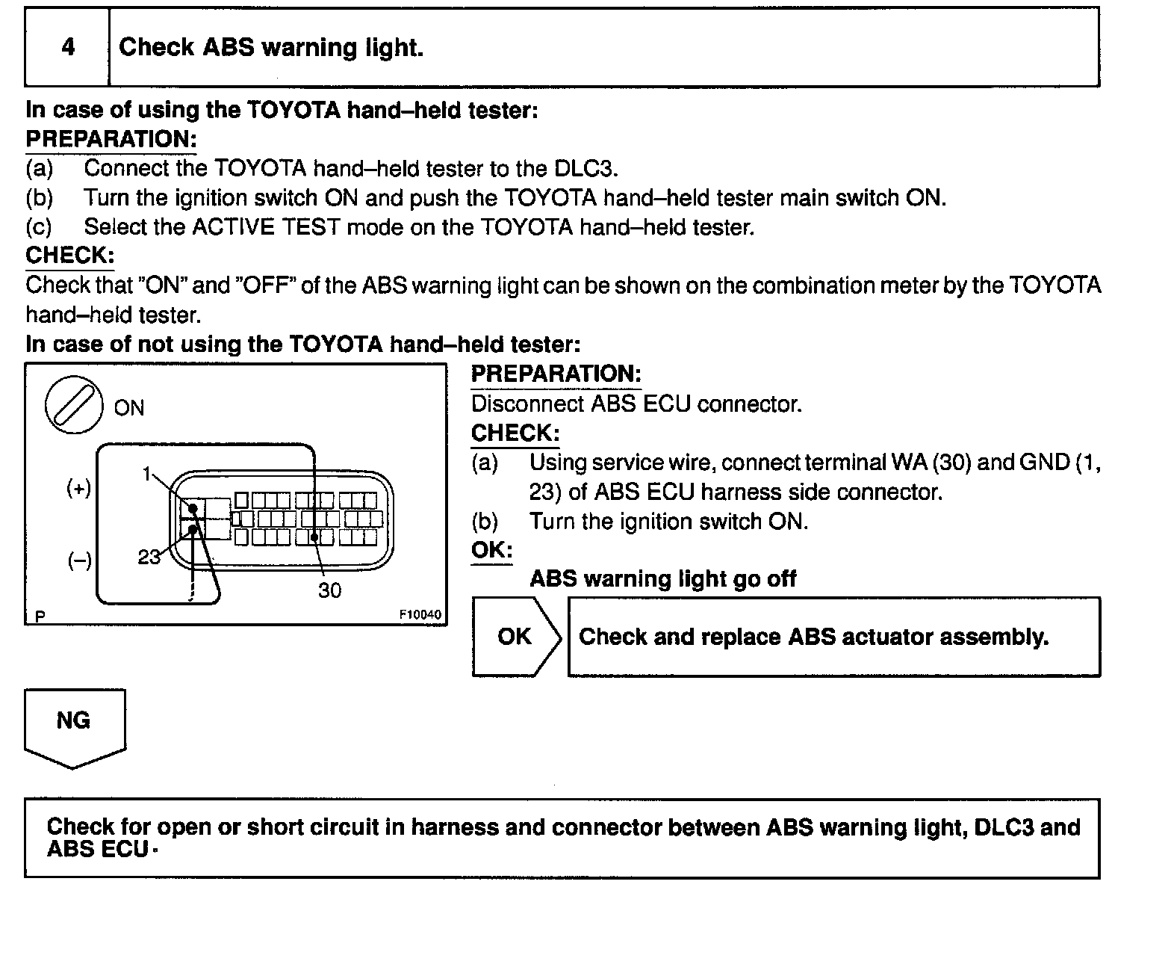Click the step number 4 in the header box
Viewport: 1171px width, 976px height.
[x=68, y=48]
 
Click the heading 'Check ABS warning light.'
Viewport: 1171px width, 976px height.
[x=271, y=48]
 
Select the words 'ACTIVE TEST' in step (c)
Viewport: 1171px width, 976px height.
[x=266, y=227]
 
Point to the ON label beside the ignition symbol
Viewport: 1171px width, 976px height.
[x=129, y=408]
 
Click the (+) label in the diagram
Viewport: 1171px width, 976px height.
[x=79, y=489]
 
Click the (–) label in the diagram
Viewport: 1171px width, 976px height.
[x=79, y=561]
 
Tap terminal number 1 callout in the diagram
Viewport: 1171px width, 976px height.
[x=147, y=473]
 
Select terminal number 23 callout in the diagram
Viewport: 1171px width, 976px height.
[x=149, y=558]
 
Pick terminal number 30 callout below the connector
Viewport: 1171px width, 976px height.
[x=329, y=591]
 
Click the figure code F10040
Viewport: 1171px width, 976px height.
[x=420, y=615]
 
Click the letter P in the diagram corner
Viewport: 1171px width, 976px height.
[x=40, y=617]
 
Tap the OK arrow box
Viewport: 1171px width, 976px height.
[x=515, y=637]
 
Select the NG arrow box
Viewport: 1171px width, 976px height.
[x=74, y=724]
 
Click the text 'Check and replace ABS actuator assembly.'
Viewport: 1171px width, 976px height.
[x=813, y=637]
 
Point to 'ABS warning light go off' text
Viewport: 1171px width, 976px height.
[x=662, y=579]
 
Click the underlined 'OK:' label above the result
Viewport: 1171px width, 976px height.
[x=491, y=551]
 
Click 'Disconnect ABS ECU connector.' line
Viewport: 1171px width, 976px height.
[x=636, y=404]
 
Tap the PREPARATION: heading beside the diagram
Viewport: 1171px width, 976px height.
[x=556, y=374]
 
